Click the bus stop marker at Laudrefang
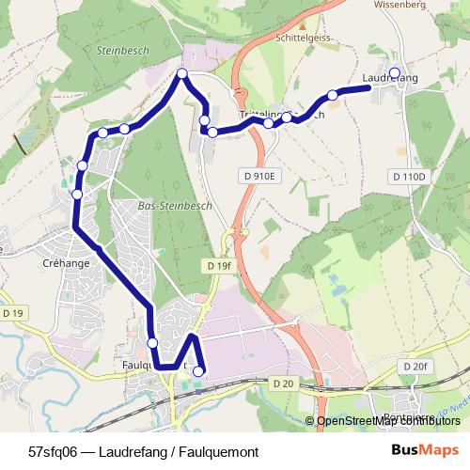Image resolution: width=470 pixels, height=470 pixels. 395,72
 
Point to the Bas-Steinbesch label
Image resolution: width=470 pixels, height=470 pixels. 176,205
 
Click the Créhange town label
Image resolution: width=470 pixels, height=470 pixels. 67,263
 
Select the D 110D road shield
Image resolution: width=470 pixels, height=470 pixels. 408,176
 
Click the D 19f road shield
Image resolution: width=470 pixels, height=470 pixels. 216,266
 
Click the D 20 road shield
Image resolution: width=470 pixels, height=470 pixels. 283,384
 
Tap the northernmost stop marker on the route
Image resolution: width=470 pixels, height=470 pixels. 182,73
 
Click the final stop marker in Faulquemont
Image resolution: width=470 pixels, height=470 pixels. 198,371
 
